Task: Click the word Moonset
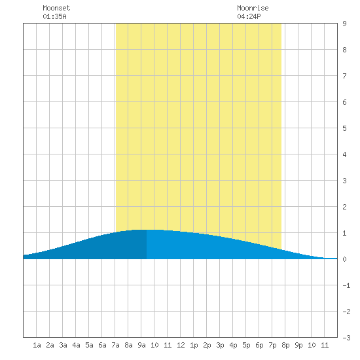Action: (56, 8)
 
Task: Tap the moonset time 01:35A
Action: (54, 16)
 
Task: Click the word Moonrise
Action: (253, 8)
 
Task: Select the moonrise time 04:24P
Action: (249, 16)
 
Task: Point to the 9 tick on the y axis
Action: (344, 24)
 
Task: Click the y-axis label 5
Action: (344, 128)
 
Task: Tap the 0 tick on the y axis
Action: (344, 259)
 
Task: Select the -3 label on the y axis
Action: (346, 338)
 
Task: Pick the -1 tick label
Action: (346, 285)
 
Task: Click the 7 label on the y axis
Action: (344, 76)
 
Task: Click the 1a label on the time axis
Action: (37, 345)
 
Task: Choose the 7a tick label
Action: (115, 345)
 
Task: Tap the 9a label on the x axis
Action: (141, 345)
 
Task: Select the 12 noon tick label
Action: (181, 345)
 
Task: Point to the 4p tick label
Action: (233, 345)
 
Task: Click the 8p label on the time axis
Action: (285, 345)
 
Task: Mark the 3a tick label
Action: (63, 345)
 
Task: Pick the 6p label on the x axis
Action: (259, 345)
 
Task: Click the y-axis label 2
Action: (344, 207)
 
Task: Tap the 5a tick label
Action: (89, 345)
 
